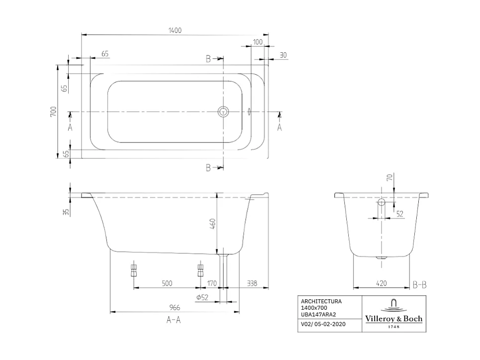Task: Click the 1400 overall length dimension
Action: tap(174, 30)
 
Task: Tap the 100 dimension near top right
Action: tap(257, 42)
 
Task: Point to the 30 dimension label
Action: tap(283, 55)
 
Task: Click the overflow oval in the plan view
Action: tap(249, 112)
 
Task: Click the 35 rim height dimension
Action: tap(66, 212)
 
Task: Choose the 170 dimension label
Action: tap(212, 283)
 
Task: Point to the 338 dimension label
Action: tap(252, 283)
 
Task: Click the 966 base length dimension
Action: tap(174, 307)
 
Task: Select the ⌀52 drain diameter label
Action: tap(202, 297)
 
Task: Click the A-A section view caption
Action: tap(173, 321)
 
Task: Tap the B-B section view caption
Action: tap(419, 285)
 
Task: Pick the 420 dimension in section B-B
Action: tap(381, 283)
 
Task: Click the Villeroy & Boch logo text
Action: tap(393, 319)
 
